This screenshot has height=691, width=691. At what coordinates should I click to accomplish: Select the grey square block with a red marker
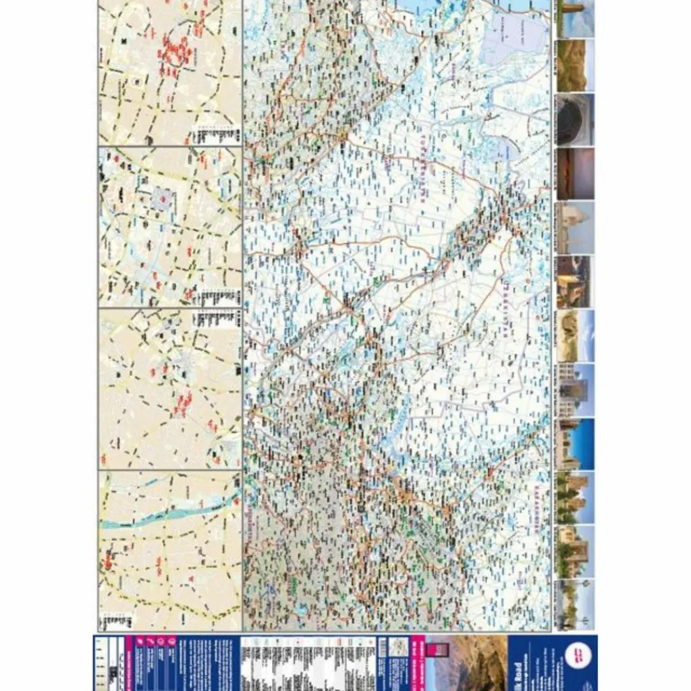162,200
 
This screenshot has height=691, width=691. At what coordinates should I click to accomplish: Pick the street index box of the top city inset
216,135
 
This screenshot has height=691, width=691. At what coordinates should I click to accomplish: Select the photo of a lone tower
575,18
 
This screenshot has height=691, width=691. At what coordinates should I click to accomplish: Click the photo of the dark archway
575,119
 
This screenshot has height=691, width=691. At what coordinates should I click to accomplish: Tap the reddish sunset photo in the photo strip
575,173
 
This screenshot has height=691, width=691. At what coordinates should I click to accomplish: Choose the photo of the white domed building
575,227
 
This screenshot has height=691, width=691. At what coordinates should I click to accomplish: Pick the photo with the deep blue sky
575,443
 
